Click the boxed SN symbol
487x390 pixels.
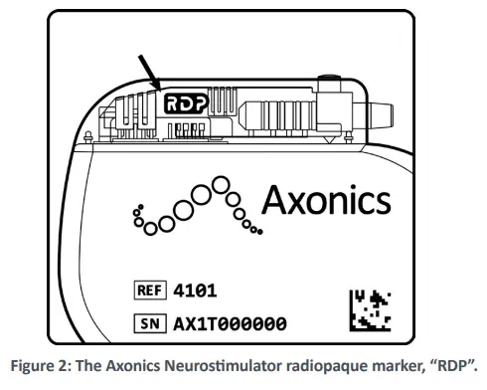point(151,323)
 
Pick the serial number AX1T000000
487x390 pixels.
point(231,323)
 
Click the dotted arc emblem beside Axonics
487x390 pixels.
point(195,206)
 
